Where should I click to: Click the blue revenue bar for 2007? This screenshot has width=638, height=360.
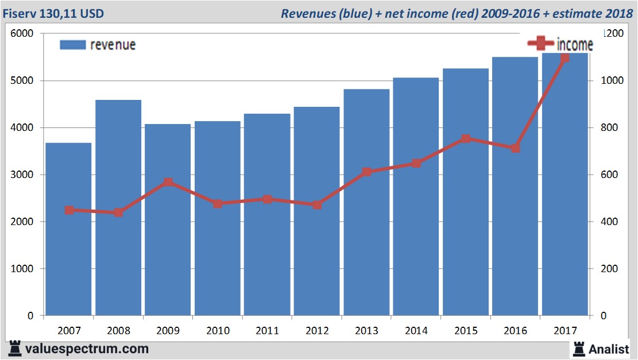[68, 230]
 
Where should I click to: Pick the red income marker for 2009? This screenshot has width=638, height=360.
[168, 183]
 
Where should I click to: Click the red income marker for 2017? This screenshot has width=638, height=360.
[564, 57]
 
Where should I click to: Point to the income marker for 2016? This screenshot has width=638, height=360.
[515, 148]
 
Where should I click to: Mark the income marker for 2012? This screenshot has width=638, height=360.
[317, 204]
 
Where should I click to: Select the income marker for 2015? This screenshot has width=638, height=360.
[466, 138]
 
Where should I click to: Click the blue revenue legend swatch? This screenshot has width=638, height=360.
[72, 45]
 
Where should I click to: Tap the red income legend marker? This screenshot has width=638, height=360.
[540, 43]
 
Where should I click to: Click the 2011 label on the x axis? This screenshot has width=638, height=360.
[268, 331]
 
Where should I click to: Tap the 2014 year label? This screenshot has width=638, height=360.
[416, 331]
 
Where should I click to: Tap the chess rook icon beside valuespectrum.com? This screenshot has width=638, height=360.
[14, 349]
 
